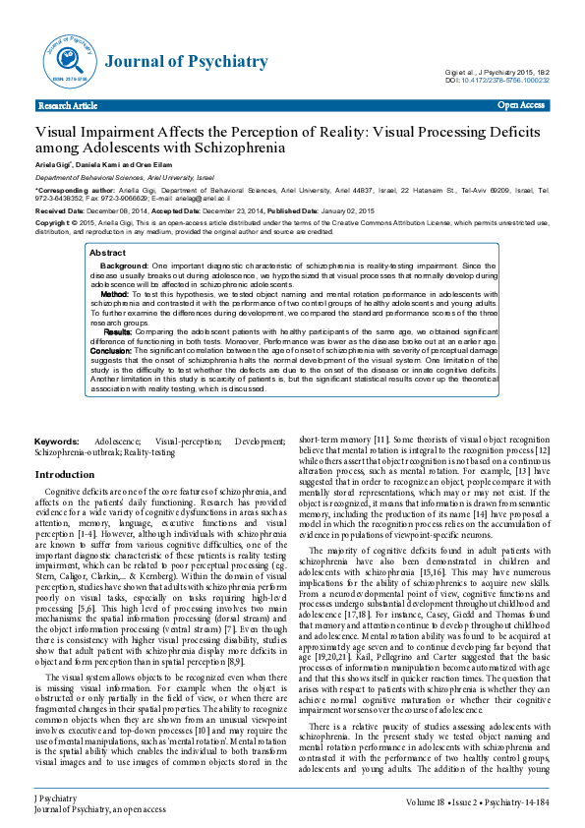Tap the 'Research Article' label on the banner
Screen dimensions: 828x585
67,105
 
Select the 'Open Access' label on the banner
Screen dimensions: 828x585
521,104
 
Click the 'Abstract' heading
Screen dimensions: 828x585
107,253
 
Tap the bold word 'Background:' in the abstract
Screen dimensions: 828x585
125,266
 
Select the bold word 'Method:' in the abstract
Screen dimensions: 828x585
115,294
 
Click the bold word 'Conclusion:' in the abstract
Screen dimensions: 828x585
111,350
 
